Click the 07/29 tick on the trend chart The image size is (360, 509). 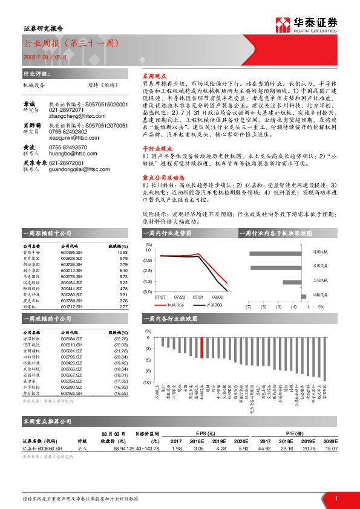pos(180,297)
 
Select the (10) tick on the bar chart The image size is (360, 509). pos(148,383)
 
